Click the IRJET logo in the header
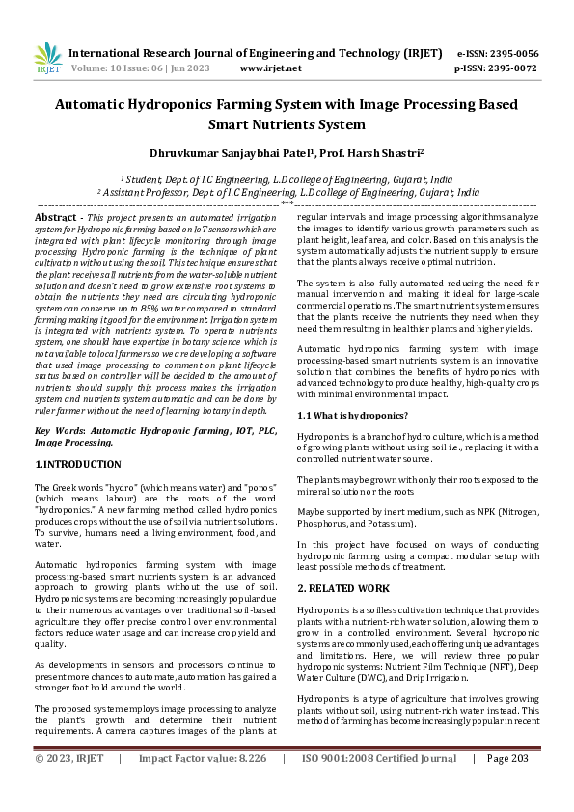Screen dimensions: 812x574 [47, 60]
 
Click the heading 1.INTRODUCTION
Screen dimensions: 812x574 [78, 464]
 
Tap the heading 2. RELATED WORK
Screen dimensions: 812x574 [343, 588]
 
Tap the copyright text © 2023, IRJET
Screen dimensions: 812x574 [69, 786]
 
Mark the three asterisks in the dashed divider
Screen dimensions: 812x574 [287, 203]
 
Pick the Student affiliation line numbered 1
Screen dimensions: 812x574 [287, 179]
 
